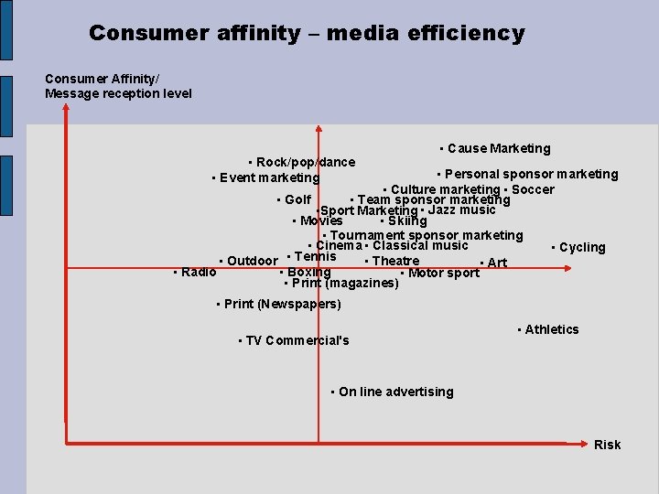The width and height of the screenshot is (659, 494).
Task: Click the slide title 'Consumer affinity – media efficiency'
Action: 307,34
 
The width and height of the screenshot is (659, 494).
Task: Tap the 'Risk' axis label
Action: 607,445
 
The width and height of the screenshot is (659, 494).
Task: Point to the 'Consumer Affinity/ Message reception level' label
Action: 118,86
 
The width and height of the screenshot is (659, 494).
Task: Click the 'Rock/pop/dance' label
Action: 305,162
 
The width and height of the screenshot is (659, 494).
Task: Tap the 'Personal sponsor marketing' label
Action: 531,174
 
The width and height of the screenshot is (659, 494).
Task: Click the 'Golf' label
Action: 297,199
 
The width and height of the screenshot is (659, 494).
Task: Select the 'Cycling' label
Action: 581,247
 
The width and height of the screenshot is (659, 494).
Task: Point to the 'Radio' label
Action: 199,271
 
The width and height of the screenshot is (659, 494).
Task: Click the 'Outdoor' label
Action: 252,261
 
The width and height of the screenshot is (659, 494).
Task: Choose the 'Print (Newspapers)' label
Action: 282,304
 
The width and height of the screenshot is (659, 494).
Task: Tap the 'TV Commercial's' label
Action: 297,340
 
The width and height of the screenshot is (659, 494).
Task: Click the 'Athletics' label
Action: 551,329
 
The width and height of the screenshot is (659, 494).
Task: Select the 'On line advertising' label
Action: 395,392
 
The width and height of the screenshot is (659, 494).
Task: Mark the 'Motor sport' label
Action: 443,273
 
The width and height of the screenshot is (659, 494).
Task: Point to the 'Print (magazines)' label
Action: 345,283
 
